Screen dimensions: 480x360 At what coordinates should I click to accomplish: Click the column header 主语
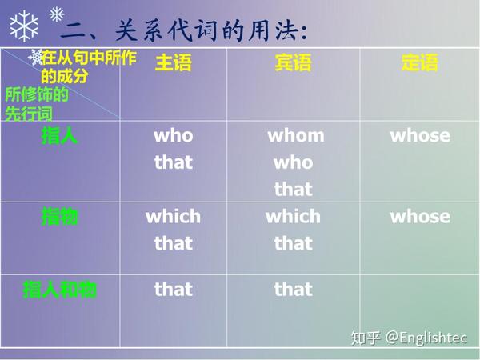click(174, 62)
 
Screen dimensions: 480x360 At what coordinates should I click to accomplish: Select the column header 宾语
click(294, 62)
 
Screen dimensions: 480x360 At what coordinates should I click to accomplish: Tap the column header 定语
click(420, 62)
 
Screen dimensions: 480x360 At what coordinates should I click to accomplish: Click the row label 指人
click(59, 136)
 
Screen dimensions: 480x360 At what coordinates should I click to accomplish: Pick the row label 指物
click(59, 217)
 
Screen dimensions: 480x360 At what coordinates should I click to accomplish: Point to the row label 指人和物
click(60, 290)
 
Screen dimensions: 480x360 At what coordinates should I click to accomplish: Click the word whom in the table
click(296, 136)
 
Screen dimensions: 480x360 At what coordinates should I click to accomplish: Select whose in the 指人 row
click(420, 136)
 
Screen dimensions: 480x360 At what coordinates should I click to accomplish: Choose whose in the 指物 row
click(420, 217)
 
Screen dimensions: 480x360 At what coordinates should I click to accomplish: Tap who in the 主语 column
click(174, 136)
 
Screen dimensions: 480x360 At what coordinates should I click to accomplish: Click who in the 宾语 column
click(294, 162)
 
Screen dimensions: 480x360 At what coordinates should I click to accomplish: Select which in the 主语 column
click(174, 217)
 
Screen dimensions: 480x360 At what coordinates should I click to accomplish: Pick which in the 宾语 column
click(294, 217)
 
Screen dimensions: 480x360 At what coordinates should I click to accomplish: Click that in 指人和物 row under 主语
click(174, 290)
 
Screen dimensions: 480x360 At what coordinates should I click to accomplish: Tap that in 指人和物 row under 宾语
click(294, 290)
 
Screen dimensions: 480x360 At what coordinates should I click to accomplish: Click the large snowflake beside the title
click(24, 26)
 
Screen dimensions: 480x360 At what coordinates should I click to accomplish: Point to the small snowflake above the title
click(57, 14)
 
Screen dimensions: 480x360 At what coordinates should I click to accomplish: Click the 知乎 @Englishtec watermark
click(409, 338)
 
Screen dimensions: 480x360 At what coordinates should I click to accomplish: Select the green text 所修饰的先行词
click(37, 104)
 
